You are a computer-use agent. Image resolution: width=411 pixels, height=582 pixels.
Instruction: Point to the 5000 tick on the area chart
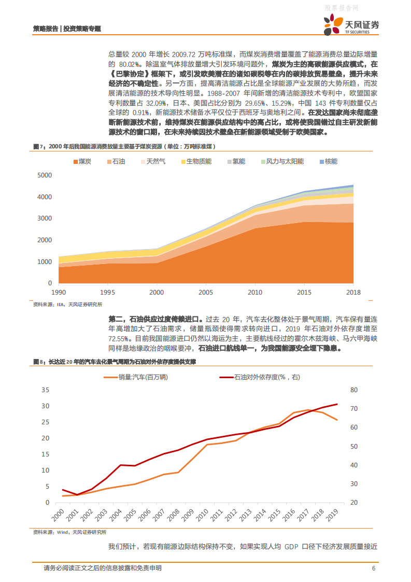[45, 175]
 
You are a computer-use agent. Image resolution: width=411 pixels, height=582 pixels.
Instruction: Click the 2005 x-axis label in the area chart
[206, 292]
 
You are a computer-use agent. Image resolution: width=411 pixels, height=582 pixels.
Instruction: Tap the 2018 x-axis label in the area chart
[353, 292]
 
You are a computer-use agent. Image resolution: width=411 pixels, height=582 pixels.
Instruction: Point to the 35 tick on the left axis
[45, 390]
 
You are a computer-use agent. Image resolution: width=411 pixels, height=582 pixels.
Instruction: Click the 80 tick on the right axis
[354, 390]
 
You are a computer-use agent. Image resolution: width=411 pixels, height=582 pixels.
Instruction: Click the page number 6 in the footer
[374, 569]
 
